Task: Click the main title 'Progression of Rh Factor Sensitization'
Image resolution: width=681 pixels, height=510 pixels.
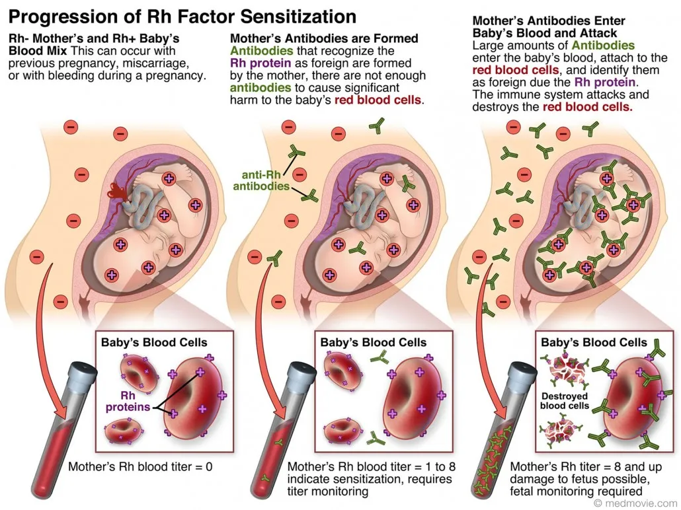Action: click(182, 17)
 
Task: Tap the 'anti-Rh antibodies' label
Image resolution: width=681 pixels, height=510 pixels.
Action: click(261, 180)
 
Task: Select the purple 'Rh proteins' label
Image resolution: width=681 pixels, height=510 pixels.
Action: click(128, 402)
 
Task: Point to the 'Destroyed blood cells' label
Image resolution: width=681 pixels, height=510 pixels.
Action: click(565, 401)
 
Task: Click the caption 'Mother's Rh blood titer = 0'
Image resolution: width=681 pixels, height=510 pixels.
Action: click(140, 467)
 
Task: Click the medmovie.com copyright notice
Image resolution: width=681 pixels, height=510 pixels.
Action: click(637, 503)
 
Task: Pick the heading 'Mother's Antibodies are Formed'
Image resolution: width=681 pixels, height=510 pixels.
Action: click(324, 38)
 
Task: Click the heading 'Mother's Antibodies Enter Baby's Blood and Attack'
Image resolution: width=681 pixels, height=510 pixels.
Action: click(549, 27)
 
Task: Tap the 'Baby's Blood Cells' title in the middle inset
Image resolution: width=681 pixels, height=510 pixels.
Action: click(373, 342)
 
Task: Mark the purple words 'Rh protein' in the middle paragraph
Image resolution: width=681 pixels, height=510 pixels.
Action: click(260, 63)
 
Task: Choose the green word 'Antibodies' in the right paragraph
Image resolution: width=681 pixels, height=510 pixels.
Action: click(603, 46)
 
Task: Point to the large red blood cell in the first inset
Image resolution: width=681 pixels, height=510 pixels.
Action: click(194, 398)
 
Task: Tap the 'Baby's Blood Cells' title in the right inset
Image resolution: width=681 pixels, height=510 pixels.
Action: click(594, 342)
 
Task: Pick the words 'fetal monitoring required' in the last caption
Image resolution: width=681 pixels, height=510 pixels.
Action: click(576, 492)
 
